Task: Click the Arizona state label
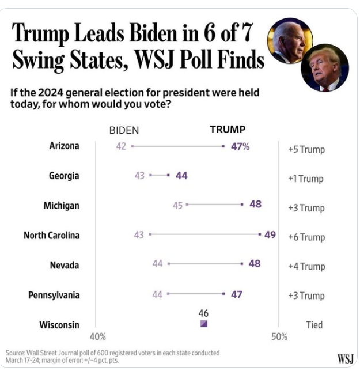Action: tap(64, 146)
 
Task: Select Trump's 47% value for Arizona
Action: tap(240, 146)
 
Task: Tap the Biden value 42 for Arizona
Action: tap(121, 146)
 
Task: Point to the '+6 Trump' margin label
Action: tap(306, 237)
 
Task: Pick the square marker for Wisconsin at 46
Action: tap(203, 324)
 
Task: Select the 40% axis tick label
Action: tap(98, 336)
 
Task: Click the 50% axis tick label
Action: tap(279, 336)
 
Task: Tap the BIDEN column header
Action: tap(124, 130)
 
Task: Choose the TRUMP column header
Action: tap(227, 130)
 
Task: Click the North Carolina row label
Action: tap(51, 236)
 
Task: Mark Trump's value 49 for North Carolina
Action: tap(270, 234)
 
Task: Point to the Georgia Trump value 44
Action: tap(181, 176)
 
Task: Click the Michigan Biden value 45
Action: tap(177, 205)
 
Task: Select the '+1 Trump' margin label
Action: tap(306, 179)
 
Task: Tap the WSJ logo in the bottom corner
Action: tap(344, 358)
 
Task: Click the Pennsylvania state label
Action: tap(54, 296)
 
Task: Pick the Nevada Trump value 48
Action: tap(255, 264)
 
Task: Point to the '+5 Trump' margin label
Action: tap(306, 150)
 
